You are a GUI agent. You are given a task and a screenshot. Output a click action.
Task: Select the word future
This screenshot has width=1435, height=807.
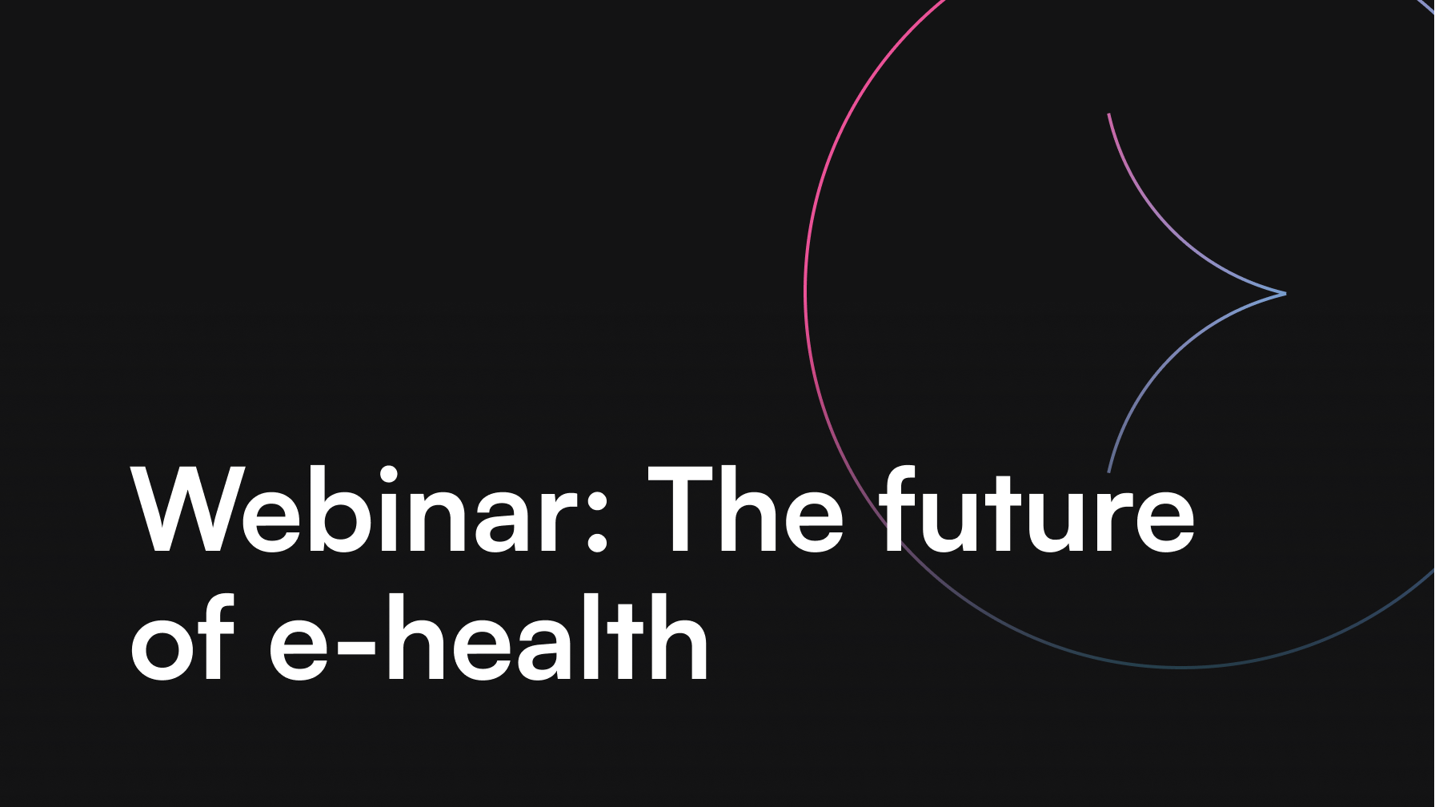pyautogui.click(x=1036, y=510)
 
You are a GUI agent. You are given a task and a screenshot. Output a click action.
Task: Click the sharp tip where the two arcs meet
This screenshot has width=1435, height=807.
pyautogui.click(x=1285, y=294)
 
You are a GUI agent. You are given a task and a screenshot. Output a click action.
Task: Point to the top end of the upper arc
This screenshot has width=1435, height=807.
pyautogui.click(x=1108, y=114)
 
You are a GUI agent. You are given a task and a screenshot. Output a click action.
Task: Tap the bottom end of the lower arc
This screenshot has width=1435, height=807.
pyautogui.click(x=1108, y=471)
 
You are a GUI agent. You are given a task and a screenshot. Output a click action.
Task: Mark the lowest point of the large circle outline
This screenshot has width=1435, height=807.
pyautogui.click(x=1183, y=666)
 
